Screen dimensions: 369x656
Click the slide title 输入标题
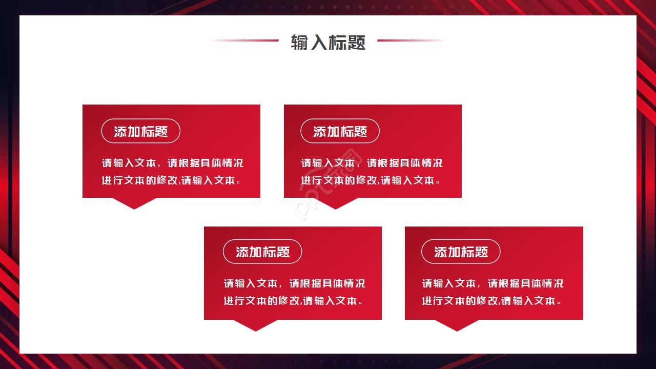pos(328,42)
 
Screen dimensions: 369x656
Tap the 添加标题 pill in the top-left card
pos(141,131)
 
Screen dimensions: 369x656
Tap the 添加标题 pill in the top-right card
pos(340,131)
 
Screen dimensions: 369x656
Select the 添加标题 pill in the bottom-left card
pos(262,252)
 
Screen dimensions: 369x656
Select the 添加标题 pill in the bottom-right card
pos(461,252)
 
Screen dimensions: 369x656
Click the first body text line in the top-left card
pos(172,163)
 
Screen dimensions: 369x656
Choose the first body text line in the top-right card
pos(372,163)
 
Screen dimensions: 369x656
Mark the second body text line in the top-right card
pos(371,180)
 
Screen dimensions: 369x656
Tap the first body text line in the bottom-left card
pos(294,283)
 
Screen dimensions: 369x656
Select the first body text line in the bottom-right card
pos(493,283)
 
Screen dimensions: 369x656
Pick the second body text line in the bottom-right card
pos(491,301)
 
